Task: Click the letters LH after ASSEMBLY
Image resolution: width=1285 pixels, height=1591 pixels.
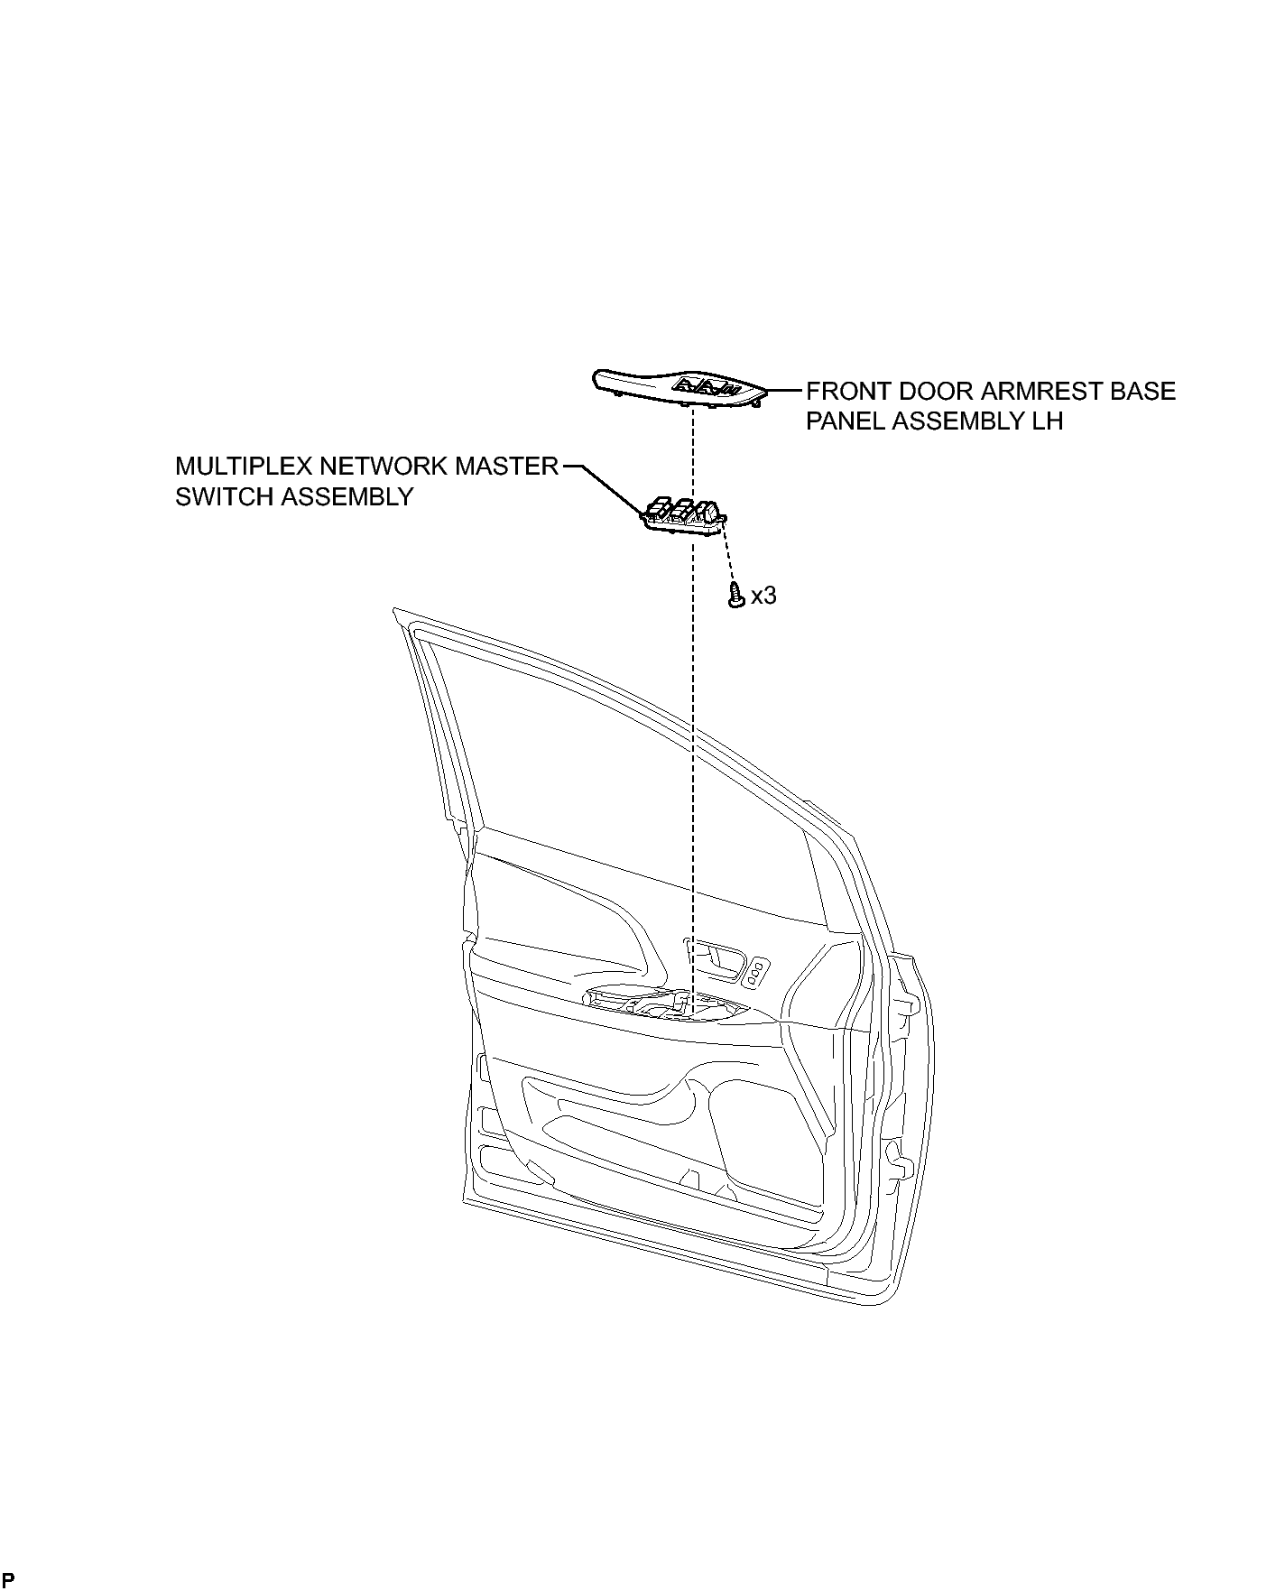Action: point(1049,421)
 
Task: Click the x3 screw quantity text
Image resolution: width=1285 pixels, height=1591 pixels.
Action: point(763,596)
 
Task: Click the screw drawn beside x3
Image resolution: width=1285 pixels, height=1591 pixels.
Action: point(736,595)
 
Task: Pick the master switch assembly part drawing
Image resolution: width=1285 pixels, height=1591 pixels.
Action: point(683,517)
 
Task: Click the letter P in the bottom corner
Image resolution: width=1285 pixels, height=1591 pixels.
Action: point(8,1579)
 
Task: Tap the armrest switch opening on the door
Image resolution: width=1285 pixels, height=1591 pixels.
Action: point(669,1007)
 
